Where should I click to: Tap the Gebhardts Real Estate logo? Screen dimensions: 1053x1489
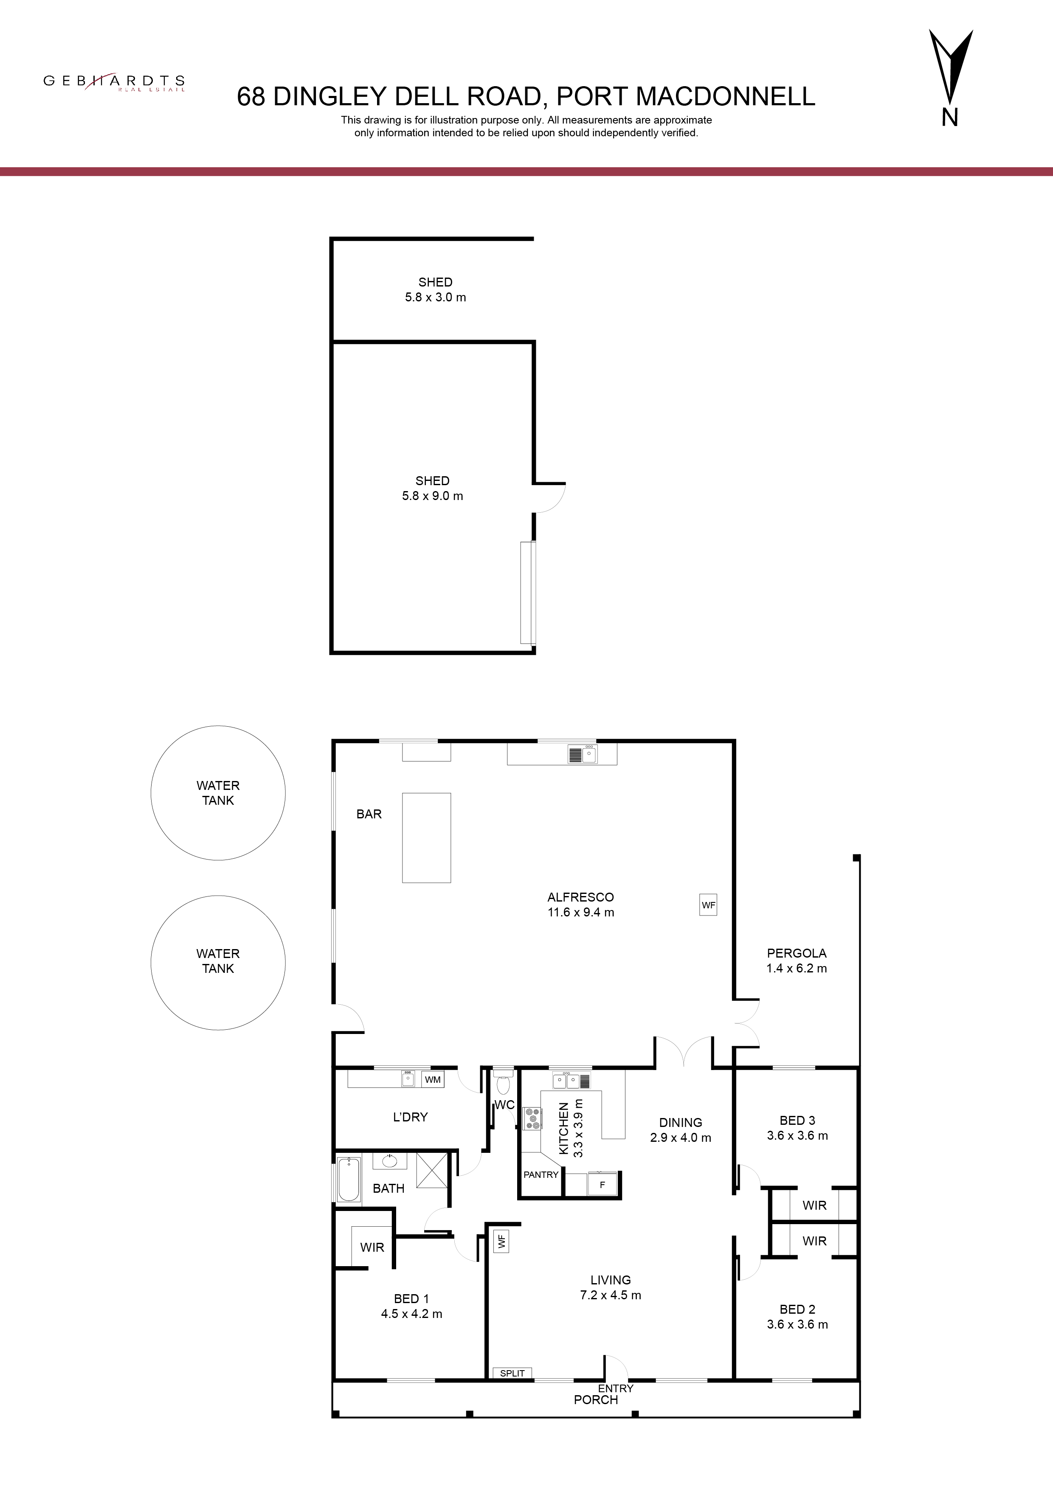click(114, 82)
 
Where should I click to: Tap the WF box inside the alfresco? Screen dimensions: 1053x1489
click(709, 905)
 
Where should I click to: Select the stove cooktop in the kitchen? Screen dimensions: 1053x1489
click(533, 1118)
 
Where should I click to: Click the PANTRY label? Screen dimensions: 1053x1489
click(541, 1174)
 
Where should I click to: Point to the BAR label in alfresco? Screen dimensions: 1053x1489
click(369, 814)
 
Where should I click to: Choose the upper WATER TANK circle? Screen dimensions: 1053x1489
click(218, 792)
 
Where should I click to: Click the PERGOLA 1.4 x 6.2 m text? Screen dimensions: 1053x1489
click(797, 961)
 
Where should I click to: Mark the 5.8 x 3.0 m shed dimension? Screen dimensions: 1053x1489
click(435, 298)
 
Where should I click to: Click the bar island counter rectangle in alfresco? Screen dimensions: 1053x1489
click(426, 837)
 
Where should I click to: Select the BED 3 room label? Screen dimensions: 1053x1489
click(797, 1120)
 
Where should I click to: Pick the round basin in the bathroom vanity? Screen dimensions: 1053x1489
click(390, 1161)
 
